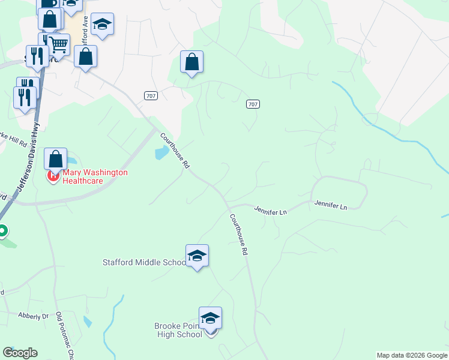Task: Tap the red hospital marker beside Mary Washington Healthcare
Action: pos(53,176)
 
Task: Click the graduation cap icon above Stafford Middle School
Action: pos(197,256)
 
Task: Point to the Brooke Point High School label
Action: pos(178,330)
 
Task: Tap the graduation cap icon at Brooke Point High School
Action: pos(210,318)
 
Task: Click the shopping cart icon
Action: pos(58,44)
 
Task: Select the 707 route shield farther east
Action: pos(253,104)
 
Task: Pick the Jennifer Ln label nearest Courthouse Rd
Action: pos(270,211)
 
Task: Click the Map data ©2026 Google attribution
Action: pos(411,355)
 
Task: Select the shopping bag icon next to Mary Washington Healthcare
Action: pos(55,160)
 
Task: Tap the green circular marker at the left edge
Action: pos(2,230)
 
